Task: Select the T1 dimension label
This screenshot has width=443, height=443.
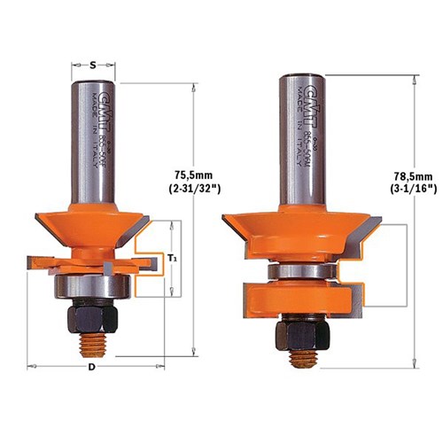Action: tap(172, 257)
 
